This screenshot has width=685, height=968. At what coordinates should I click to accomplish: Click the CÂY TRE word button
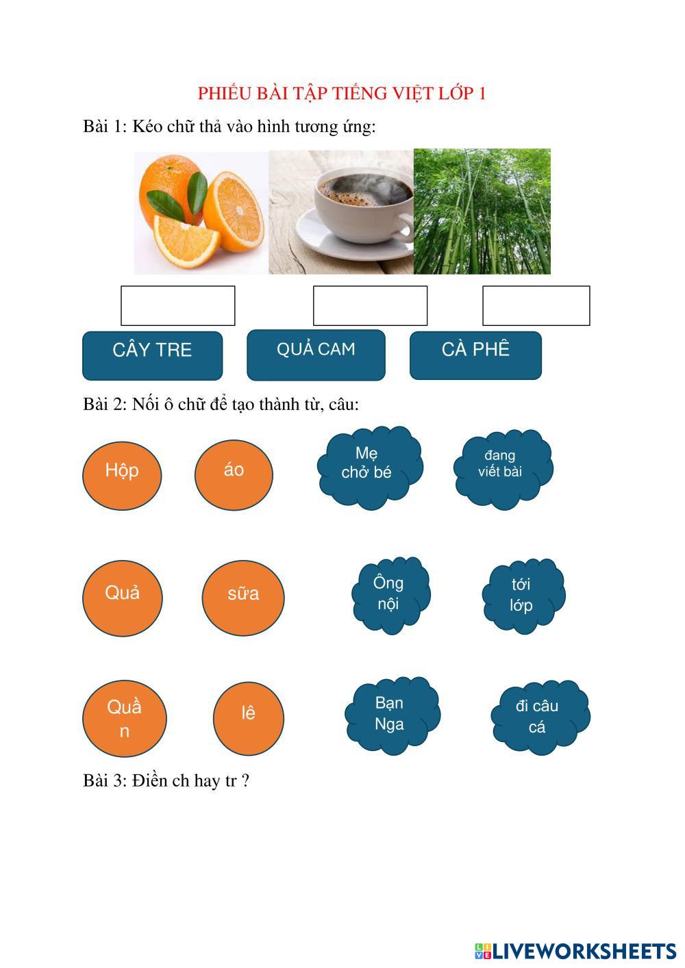[x=152, y=355]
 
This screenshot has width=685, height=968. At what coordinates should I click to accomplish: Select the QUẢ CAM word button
[x=316, y=355]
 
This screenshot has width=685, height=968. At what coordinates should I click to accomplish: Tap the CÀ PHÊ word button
[x=475, y=355]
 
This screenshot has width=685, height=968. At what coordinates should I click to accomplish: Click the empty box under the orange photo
[x=177, y=305]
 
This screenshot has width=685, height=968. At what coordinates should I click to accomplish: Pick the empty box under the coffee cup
[x=370, y=305]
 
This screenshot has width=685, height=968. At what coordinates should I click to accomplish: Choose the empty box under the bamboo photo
[x=536, y=305]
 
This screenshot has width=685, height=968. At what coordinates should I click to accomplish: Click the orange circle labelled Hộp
[x=122, y=475]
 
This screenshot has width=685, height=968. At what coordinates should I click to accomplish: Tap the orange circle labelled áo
[x=234, y=474]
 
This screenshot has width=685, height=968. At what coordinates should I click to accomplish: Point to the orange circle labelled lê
[x=248, y=717]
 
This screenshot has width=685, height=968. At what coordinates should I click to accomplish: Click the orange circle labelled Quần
[x=124, y=718]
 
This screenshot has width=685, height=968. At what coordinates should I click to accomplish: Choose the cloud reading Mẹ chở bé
[x=369, y=468]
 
